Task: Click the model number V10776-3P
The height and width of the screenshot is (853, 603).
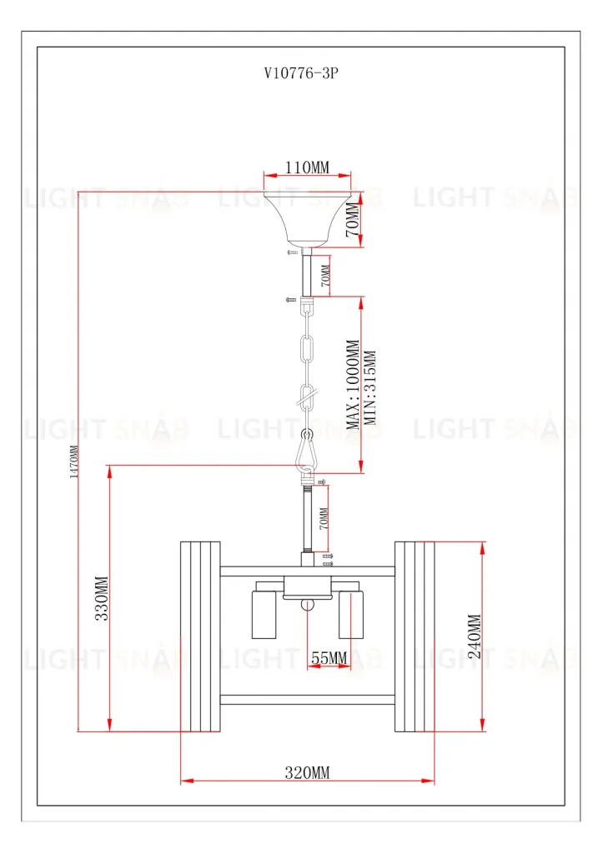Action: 301,73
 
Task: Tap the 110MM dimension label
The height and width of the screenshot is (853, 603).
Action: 307,167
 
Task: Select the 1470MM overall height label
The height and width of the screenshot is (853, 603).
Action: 74,461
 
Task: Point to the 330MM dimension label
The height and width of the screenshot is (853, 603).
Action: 102,598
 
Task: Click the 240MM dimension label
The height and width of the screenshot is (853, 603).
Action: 475,636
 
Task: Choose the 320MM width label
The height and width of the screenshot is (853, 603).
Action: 307,772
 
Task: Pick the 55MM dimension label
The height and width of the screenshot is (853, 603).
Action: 329,658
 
